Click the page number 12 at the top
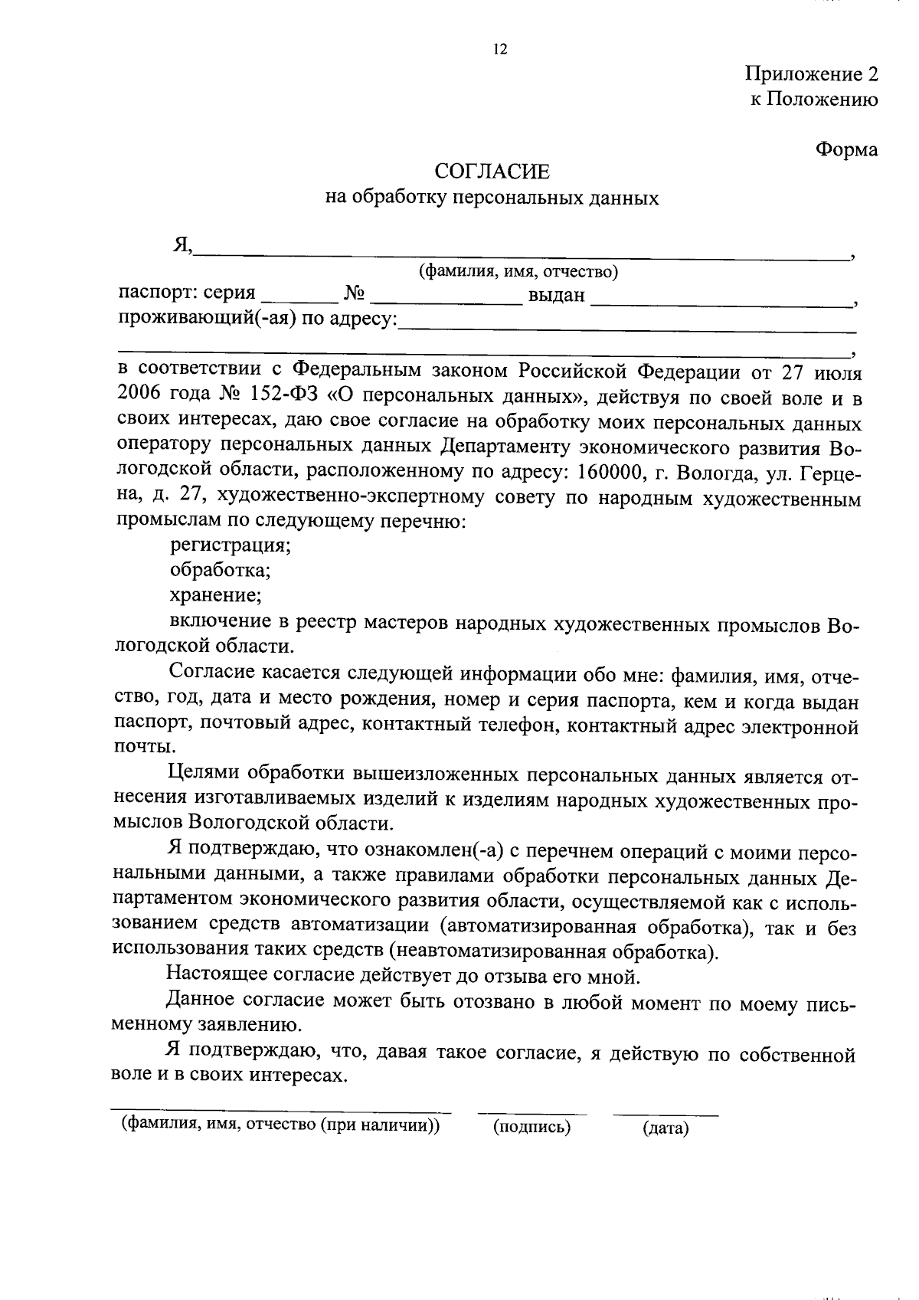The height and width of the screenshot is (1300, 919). pos(500,50)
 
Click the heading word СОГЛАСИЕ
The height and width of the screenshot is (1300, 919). pos(492,171)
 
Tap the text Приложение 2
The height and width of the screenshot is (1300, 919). pos(811,74)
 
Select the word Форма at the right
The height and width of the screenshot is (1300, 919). pos(845,149)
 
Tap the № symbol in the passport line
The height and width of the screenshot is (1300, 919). pos(354,294)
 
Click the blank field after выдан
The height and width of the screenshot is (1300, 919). pos(721,301)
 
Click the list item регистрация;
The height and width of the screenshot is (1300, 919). pos(230,545)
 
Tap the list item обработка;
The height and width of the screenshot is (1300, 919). pos(220,571)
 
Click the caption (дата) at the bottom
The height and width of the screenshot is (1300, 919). pos(665,1128)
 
